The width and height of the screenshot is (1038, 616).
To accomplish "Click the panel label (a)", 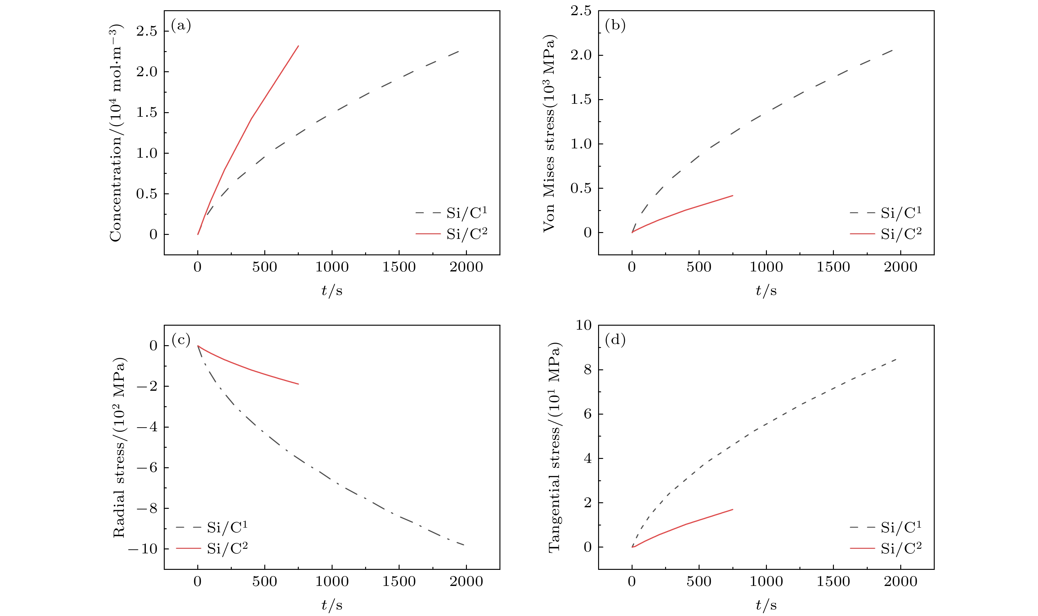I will (x=181, y=26).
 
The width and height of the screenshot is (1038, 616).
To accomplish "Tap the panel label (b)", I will (x=615, y=25).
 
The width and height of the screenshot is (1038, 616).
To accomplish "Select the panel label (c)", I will (x=181, y=340).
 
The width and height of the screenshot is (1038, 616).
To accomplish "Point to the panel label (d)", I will (x=615, y=340).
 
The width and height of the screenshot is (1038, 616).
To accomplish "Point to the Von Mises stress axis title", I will (x=549, y=133).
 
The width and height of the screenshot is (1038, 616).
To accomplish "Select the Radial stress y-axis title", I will (x=119, y=447).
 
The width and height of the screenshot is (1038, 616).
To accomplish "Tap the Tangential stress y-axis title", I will (x=554, y=447).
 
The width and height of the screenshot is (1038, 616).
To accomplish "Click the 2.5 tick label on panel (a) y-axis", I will (x=147, y=31).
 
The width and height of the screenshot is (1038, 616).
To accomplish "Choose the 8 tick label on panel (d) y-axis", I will (x=587, y=369).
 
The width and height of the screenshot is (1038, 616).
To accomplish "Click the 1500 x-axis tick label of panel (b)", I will (x=833, y=267).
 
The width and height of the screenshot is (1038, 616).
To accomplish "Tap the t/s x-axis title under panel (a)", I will (x=332, y=291).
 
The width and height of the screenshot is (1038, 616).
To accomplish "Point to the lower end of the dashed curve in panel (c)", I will (x=464, y=545).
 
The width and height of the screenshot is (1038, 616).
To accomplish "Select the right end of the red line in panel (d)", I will (x=732, y=509).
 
